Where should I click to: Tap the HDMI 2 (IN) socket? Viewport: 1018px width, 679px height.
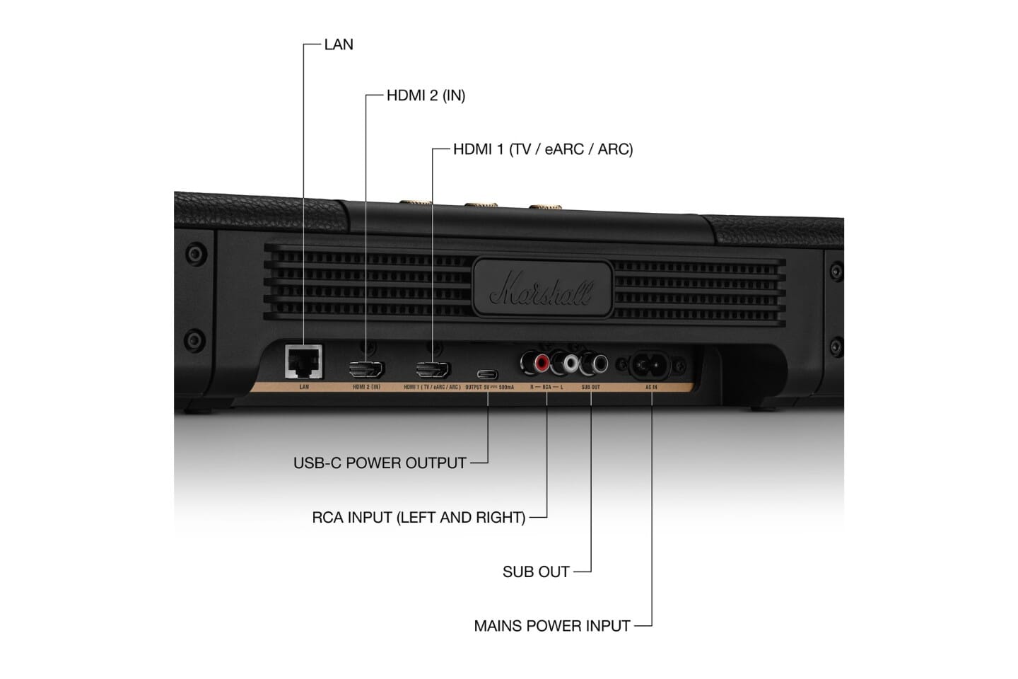pos(365,368)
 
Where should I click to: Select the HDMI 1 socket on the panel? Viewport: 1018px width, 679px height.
pos(433,368)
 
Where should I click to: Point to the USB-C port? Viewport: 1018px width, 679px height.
pos(487,373)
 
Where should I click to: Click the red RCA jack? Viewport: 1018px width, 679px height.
pos(542,364)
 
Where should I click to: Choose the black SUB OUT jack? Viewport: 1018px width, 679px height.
pos(599,364)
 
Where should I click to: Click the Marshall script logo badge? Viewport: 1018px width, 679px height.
pos(542,286)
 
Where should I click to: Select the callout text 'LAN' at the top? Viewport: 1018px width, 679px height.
pos(339,45)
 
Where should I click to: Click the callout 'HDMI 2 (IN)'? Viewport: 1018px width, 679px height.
pos(426,95)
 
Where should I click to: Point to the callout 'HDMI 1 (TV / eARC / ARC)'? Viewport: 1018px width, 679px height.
pos(542,150)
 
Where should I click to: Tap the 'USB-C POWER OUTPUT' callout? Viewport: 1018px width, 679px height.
pos(380,463)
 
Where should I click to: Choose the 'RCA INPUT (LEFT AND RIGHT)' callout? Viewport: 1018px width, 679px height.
pos(419,518)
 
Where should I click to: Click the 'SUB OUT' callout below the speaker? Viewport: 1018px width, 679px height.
pos(536,572)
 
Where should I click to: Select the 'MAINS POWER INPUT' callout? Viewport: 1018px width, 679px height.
pos(551,626)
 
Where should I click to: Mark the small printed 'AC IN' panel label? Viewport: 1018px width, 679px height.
pos(651,388)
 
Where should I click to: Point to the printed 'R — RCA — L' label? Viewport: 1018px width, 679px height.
pos(546,388)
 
